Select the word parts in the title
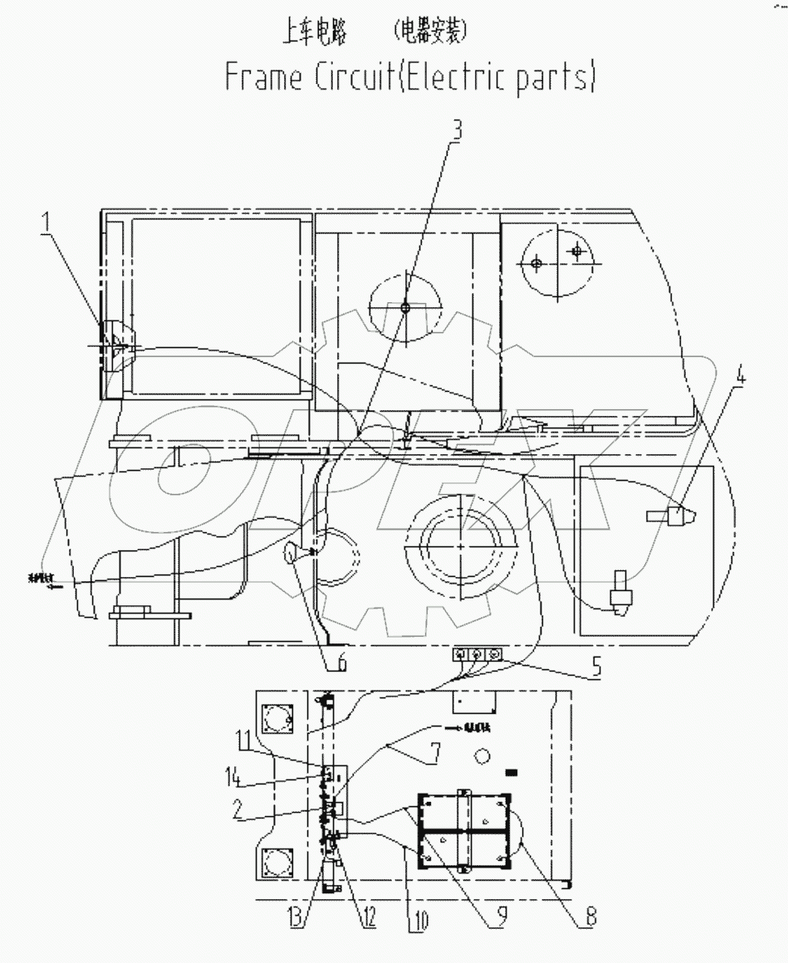pyautogui.click(x=551, y=78)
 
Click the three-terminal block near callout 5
pyautogui.click(x=477, y=655)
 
